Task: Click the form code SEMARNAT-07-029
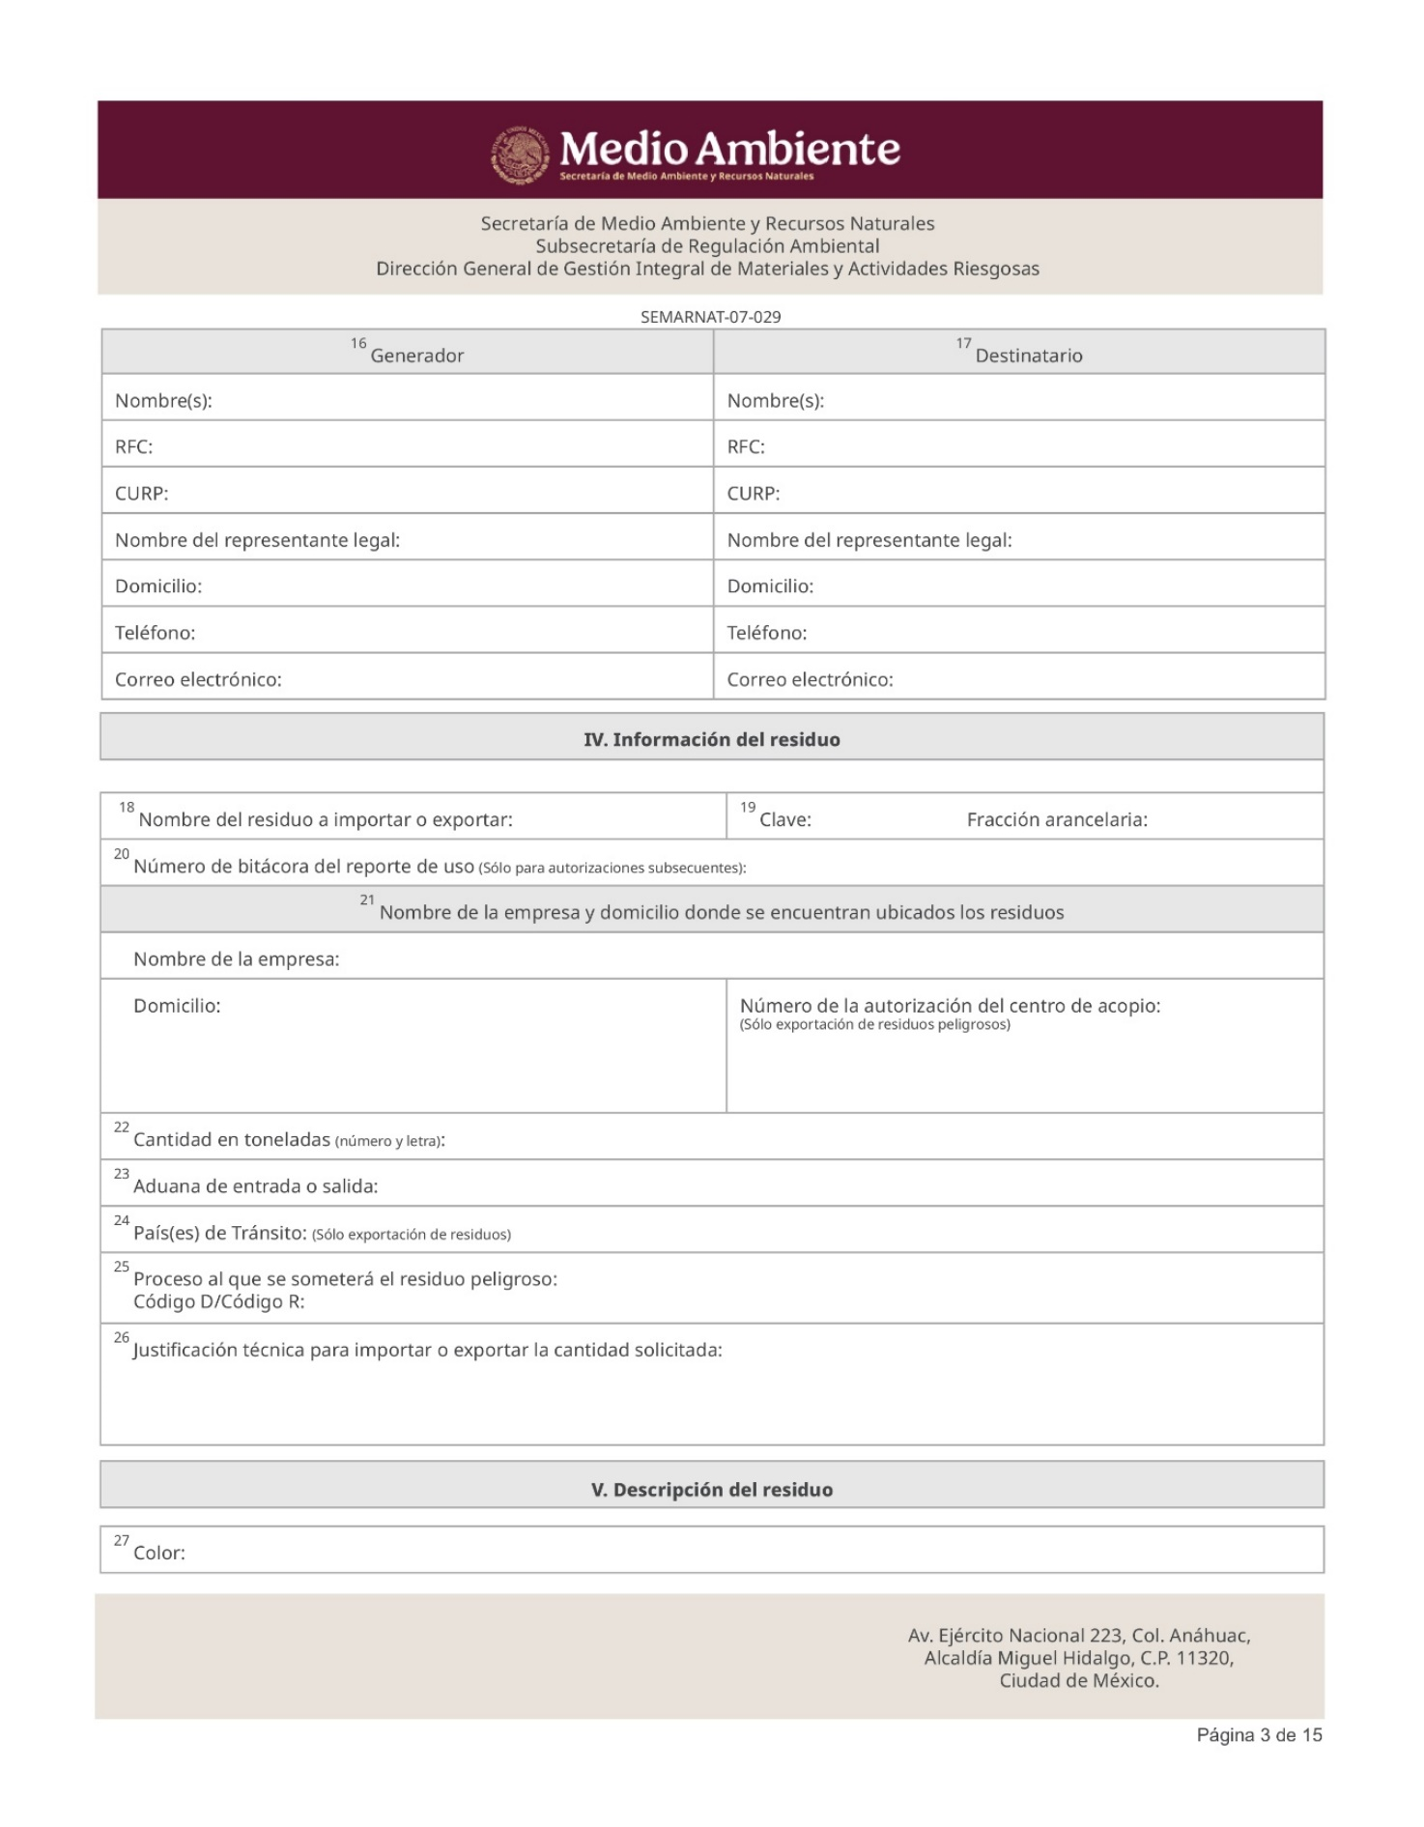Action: (x=710, y=317)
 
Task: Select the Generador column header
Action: (x=416, y=356)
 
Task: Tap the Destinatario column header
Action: (x=1028, y=356)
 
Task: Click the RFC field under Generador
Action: (x=407, y=446)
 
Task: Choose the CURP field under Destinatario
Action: (x=1018, y=493)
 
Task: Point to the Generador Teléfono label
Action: (x=155, y=633)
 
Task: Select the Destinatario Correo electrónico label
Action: (x=810, y=679)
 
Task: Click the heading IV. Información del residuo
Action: (x=711, y=739)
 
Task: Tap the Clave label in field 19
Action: (x=784, y=820)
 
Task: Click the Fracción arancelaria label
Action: (x=1057, y=820)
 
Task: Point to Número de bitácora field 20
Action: (x=439, y=867)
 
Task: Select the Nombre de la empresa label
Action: (x=236, y=959)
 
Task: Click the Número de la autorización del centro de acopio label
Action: (x=950, y=1006)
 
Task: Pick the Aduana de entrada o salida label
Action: (x=255, y=1186)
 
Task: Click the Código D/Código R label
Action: (x=218, y=1302)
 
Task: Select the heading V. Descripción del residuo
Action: (x=711, y=1490)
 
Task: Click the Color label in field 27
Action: (x=158, y=1553)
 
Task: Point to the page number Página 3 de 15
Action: (x=1259, y=1735)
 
